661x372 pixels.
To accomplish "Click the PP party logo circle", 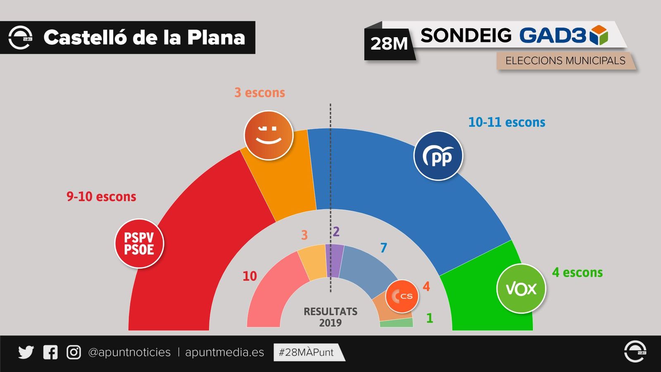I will click(438, 156).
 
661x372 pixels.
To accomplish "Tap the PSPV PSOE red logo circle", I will click(139, 243).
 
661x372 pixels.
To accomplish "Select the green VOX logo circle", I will click(521, 289).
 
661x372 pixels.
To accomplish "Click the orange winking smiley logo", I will click(269, 135).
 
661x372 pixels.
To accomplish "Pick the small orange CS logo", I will click(402, 296).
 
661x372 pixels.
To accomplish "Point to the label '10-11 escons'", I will click(506, 122).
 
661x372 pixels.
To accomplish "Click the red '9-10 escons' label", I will click(101, 197).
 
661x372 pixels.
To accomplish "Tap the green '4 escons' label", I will click(577, 273).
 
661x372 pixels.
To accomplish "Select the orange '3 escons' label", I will click(259, 93).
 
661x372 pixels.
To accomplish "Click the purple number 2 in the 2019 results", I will click(336, 232).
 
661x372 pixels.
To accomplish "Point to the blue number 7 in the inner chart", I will click(384, 248).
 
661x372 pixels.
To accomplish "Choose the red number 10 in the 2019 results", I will click(250, 276).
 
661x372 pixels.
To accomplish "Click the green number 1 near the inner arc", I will click(430, 318).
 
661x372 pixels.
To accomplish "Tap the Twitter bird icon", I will click(26, 352).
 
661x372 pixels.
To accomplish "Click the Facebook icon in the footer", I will click(50, 352).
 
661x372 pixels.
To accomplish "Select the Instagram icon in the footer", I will click(74, 352).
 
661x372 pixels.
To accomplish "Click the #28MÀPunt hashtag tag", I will click(307, 352).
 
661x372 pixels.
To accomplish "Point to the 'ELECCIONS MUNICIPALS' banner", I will click(565, 61).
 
